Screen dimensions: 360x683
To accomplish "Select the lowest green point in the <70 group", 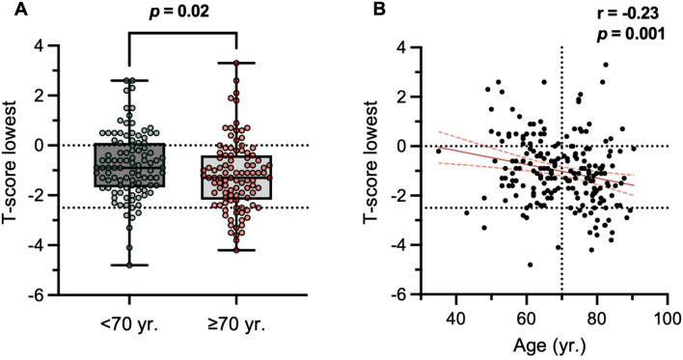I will pos(127,264).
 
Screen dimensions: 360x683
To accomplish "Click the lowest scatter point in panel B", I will pos(530,264).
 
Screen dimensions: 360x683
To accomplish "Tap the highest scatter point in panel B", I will pos(605,65).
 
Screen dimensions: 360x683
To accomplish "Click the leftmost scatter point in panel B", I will pos(437,152).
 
